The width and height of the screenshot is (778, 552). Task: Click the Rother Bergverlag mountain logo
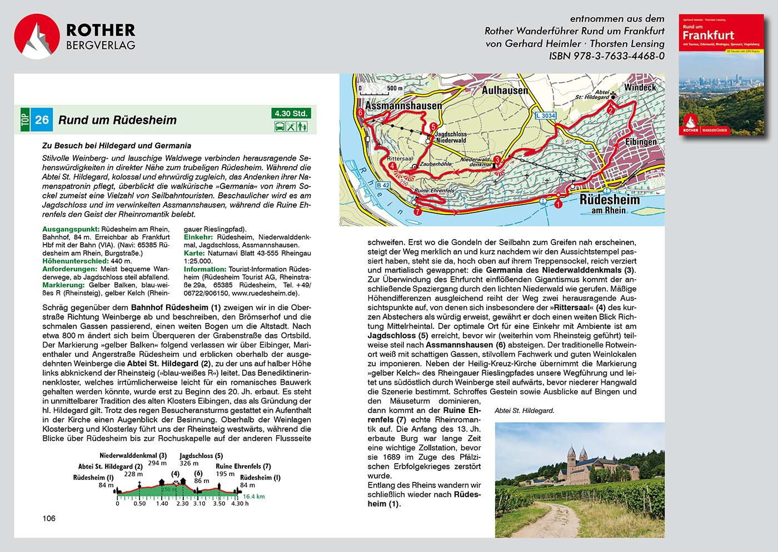click(x=37, y=36)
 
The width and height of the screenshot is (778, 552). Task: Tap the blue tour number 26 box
click(x=42, y=120)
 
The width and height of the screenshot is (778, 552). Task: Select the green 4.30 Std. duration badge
click(x=291, y=113)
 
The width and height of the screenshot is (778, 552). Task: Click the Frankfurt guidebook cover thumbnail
click(x=721, y=75)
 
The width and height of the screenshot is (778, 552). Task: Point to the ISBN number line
click(x=606, y=56)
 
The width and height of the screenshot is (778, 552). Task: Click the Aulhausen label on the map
click(x=505, y=90)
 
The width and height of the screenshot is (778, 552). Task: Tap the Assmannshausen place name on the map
click(x=403, y=105)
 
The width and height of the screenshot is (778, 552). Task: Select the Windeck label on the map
click(x=640, y=87)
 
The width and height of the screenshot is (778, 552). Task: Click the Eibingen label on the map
click(x=641, y=142)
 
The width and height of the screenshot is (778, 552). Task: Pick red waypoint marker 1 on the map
click(x=558, y=204)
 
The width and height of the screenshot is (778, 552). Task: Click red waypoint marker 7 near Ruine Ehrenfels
click(x=417, y=211)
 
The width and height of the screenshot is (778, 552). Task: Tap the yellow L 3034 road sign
click(x=545, y=116)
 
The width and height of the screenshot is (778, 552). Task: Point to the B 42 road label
click(x=383, y=185)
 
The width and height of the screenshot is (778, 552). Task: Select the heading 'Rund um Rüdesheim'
click(x=117, y=120)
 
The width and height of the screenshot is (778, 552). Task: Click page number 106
click(x=49, y=518)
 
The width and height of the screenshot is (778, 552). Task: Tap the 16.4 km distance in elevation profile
click(x=253, y=496)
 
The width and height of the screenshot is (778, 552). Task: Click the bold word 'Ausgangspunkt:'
click(x=71, y=229)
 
